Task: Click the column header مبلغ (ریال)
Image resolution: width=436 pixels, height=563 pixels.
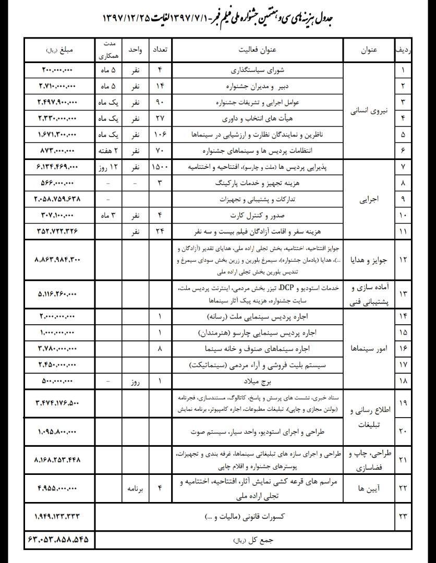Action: pos(59,51)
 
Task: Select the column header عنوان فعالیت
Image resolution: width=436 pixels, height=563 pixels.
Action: pos(257,51)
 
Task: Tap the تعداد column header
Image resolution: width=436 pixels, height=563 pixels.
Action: pos(160,51)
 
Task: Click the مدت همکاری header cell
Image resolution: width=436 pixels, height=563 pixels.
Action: pos(109,51)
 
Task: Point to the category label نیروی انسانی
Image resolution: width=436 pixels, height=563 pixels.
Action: pos(369,111)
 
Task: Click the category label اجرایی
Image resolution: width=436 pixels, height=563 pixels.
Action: pos(369,199)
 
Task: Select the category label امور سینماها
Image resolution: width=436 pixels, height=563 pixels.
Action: pos(369,349)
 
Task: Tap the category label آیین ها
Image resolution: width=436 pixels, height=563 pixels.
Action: pos(369,488)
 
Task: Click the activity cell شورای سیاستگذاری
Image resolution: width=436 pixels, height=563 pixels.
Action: pos(257,70)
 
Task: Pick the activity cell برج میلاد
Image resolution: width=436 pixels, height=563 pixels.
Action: pos(257,381)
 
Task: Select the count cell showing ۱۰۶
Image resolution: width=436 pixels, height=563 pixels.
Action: pos(160,134)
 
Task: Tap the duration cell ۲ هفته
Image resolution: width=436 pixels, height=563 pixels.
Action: pos(109,151)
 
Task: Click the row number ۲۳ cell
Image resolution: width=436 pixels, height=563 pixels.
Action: pos(402,516)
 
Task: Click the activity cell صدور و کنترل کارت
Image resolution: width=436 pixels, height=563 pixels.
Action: pos(257,215)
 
